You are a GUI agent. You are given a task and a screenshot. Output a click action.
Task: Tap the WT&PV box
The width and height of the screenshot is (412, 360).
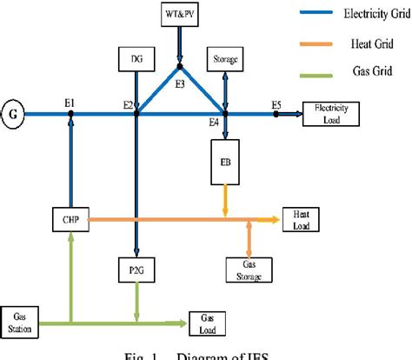point(180,16)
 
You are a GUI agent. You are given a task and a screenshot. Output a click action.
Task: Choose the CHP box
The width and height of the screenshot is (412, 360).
point(71,219)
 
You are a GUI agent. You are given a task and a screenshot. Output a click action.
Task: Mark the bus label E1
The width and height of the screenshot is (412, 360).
point(70,102)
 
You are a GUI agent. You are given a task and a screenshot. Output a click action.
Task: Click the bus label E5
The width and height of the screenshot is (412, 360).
point(276,104)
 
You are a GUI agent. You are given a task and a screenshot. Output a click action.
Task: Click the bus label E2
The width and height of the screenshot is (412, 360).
point(128,104)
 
